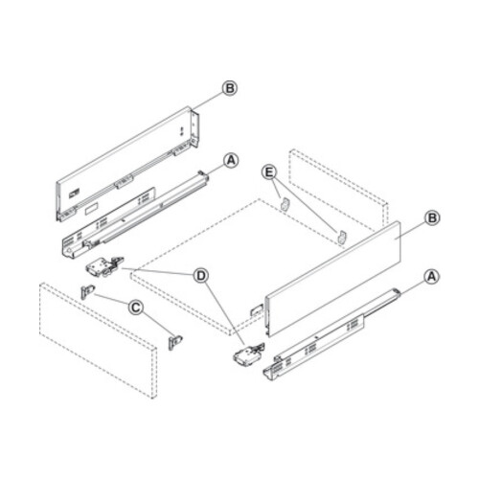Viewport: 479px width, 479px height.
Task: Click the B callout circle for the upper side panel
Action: click(x=229, y=88)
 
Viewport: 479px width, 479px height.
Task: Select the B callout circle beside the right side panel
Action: click(x=432, y=219)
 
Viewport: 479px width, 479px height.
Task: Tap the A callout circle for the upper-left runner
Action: click(x=230, y=160)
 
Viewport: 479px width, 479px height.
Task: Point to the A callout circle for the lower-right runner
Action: click(x=431, y=276)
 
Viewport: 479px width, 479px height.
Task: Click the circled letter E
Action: click(x=270, y=172)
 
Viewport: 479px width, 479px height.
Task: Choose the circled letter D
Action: click(x=200, y=276)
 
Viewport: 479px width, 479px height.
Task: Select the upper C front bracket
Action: click(x=87, y=290)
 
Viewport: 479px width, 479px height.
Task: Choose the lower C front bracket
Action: click(x=175, y=340)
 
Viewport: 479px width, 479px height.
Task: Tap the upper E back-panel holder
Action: click(x=284, y=203)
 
